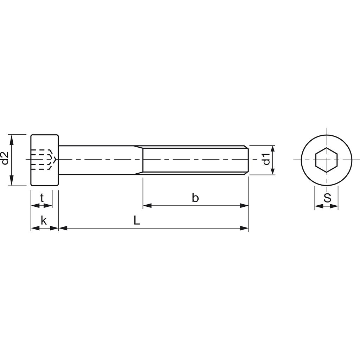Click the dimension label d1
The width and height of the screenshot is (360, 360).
coord(267,159)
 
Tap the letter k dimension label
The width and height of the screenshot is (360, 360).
coord(44,221)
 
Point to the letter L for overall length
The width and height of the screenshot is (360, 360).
coord(137,220)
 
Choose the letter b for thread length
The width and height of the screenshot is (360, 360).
coord(195,198)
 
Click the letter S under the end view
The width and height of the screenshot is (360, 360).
coord(327,198)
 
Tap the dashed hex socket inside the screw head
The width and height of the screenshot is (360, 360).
coord(42,160)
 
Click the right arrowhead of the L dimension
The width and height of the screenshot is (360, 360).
coord(245,228)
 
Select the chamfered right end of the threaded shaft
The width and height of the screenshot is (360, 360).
coord(247,160)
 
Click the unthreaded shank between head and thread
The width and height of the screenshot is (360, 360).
coord(98,160)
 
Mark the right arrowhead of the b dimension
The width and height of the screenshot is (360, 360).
coord(245,206)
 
